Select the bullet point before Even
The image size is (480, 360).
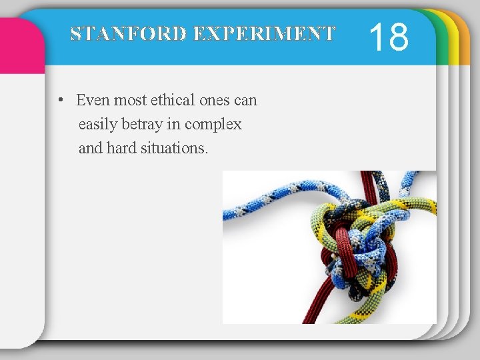61,101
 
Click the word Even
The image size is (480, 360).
93,101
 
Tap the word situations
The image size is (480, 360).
174,148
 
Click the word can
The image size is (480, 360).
245,101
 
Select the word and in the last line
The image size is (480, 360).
90,148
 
